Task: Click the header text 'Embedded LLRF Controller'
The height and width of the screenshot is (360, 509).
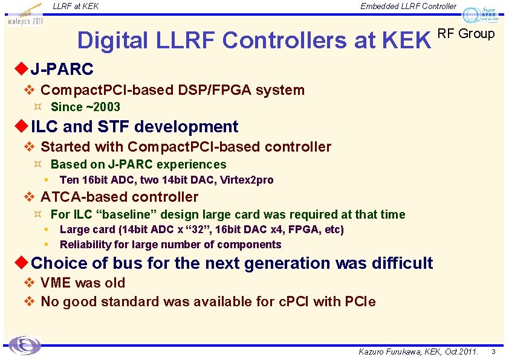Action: (408, 7)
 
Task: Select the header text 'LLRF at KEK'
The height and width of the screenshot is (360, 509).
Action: (76, 7)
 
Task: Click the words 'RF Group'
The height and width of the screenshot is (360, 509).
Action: (465, 34)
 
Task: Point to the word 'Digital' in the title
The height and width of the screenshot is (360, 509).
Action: (112, 40)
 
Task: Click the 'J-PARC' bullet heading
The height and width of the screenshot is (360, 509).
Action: (62, 69)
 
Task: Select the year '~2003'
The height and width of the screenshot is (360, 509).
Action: (103, 108)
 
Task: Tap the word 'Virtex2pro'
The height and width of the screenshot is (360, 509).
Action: (247, 180)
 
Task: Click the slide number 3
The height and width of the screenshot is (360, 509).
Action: (493, 352)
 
